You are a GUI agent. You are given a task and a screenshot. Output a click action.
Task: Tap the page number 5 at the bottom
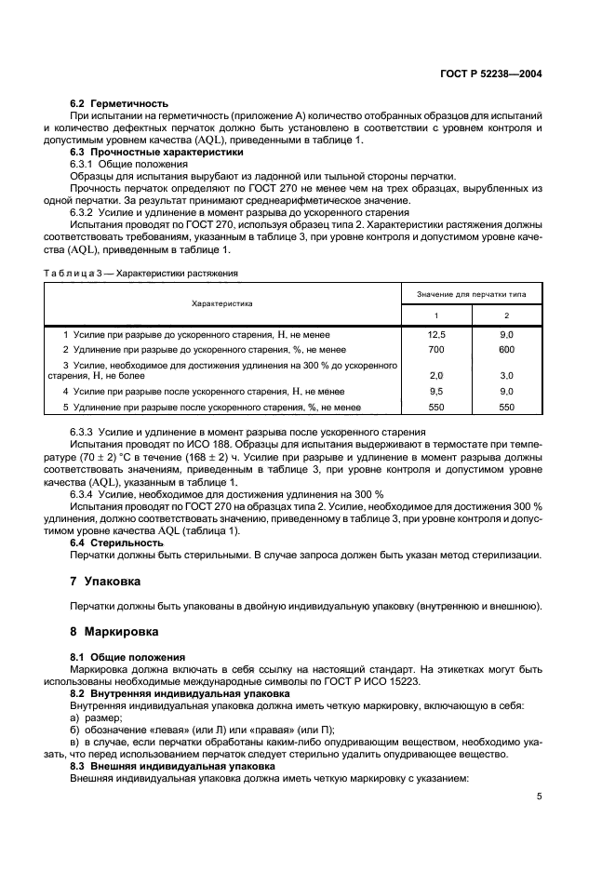(540, 797)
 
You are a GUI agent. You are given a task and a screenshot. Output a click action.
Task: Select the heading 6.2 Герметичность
(119, 103)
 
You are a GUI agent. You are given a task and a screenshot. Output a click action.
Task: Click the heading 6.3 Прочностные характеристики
(157, 152)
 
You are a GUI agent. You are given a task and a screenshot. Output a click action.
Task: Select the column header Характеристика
(222, 303)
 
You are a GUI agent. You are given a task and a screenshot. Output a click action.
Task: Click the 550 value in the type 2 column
(506, 407)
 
